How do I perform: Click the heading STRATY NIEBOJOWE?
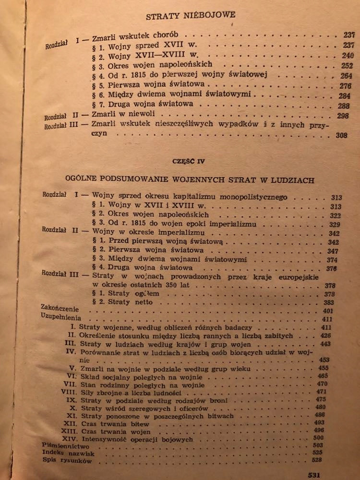pos(191,16)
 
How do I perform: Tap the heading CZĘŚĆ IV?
pos(189,161)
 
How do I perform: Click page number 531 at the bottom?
pos(315,475)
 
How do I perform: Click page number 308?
pos(342,136)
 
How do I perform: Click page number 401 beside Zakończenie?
pos(341,311)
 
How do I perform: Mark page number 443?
pos(339,344)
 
